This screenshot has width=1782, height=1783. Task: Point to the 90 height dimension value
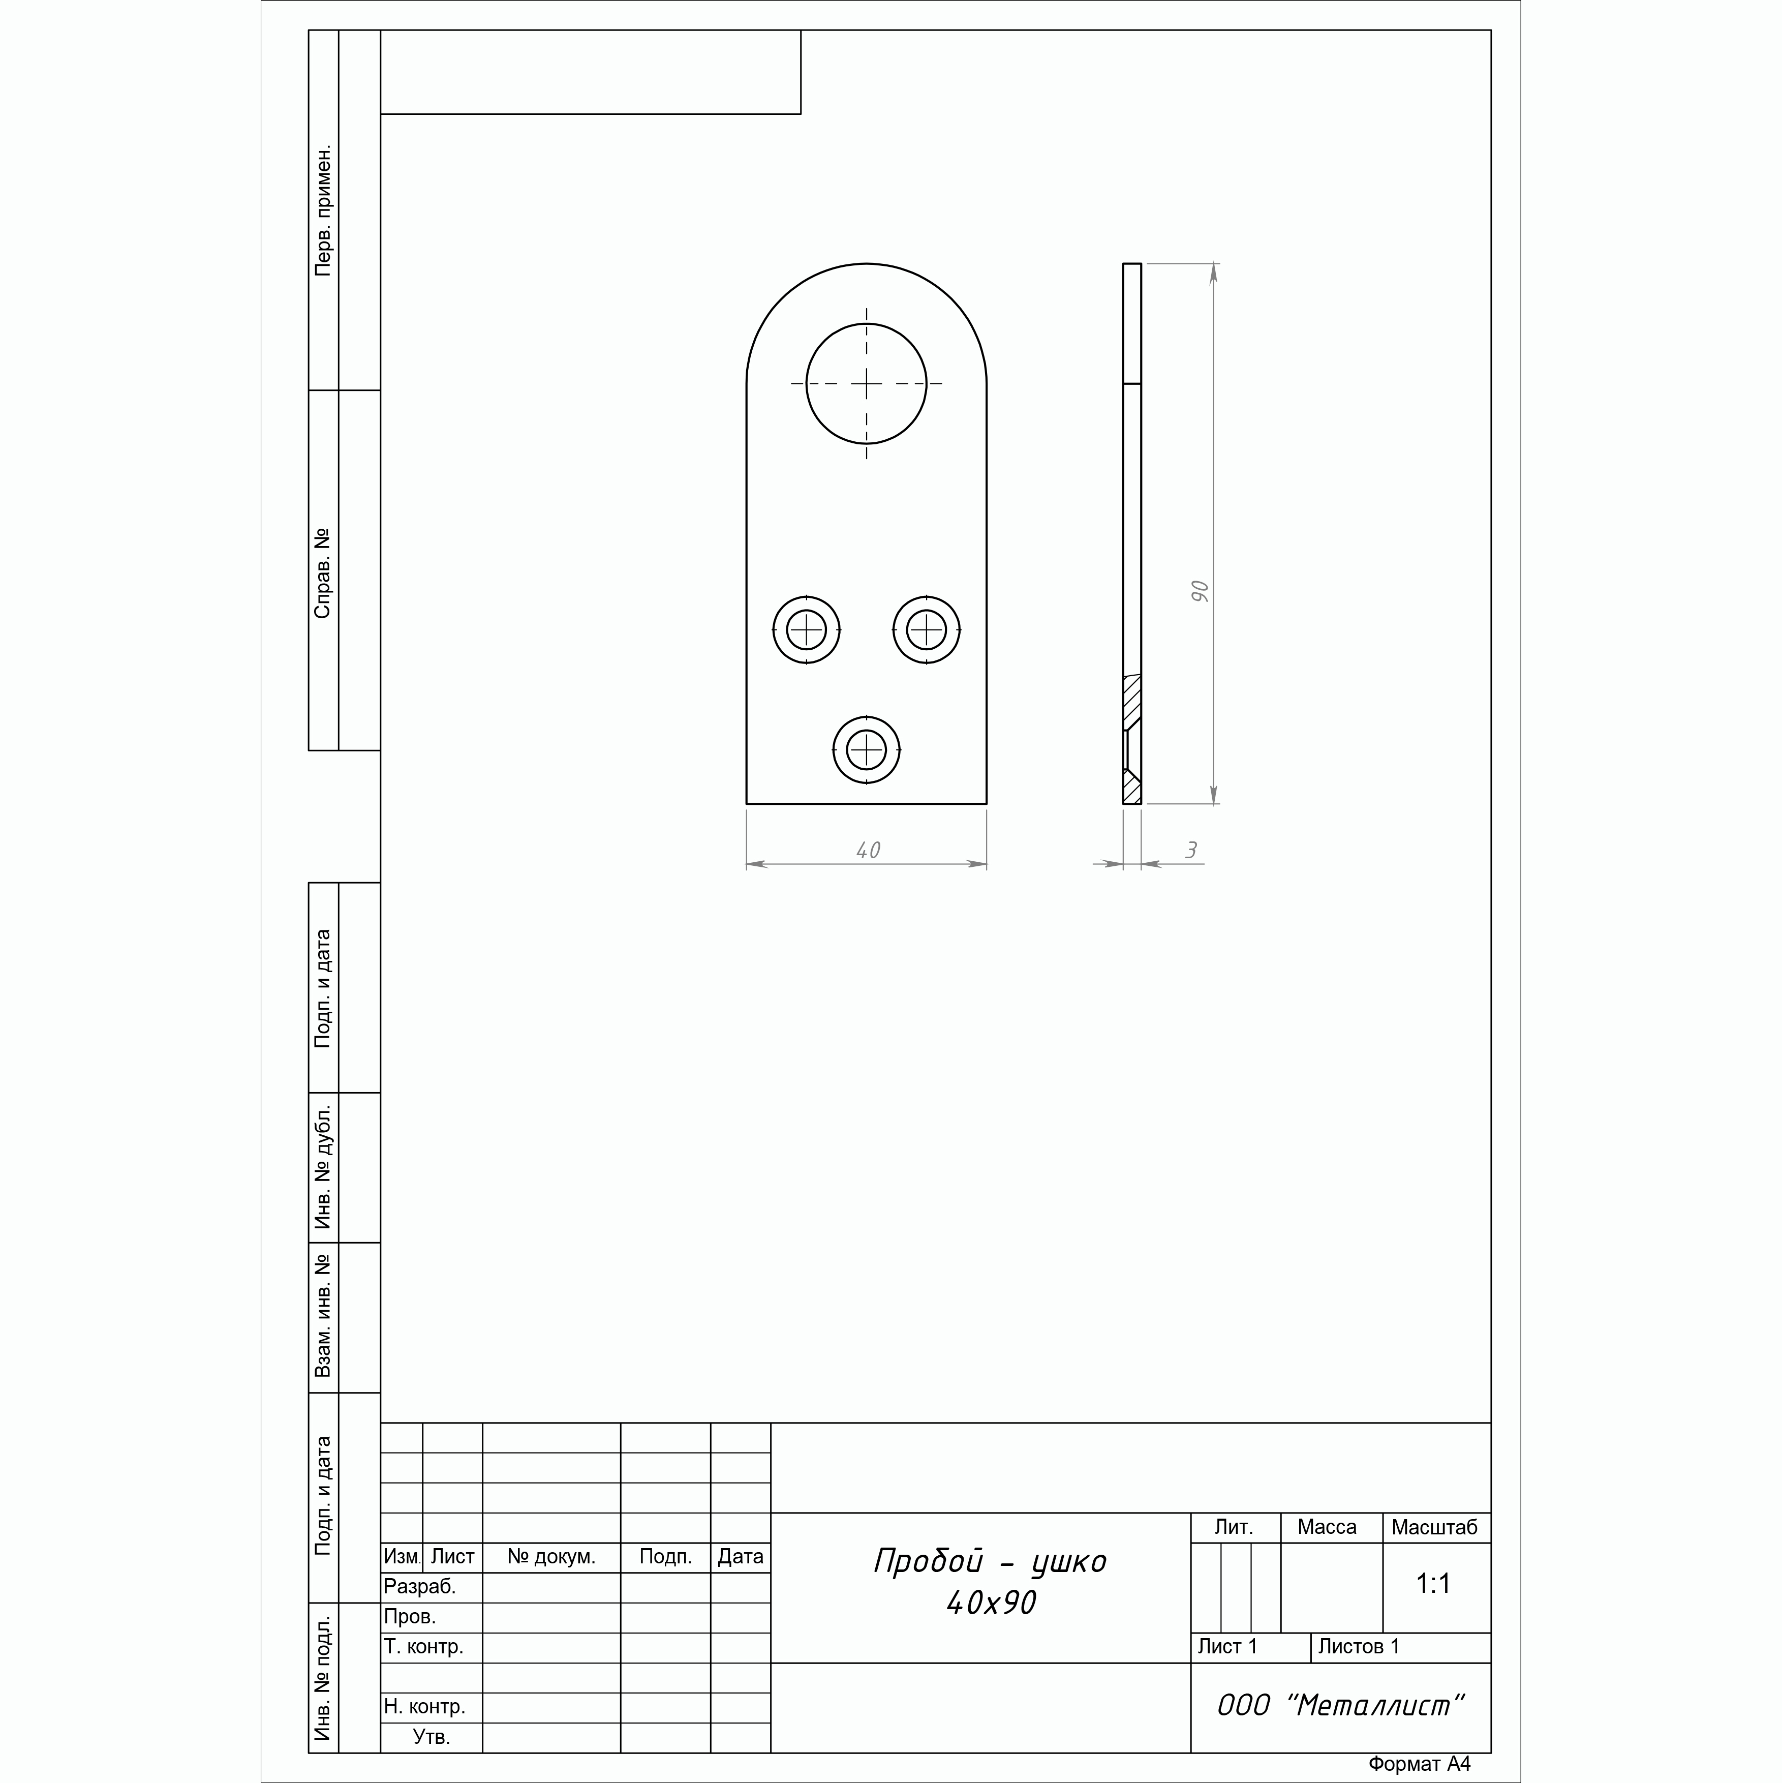1199,592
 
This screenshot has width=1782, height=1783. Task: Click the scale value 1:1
1433,1584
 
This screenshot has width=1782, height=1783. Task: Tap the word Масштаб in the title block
1434,1527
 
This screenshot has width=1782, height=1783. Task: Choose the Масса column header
1327,1527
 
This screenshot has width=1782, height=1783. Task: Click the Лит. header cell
1234,1527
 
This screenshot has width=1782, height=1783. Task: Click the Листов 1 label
1359,1646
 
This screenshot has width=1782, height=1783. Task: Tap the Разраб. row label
420,1586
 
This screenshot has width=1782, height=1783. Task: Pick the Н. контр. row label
424,1706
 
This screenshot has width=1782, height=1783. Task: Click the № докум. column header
551,1557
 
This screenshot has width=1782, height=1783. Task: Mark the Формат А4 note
1419,1764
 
